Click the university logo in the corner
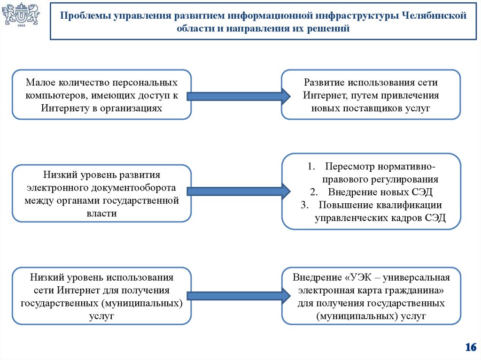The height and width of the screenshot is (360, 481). coord(21,16)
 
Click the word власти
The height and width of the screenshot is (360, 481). coord(101,213)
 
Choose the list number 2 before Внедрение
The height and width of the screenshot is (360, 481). coord(313,192)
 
